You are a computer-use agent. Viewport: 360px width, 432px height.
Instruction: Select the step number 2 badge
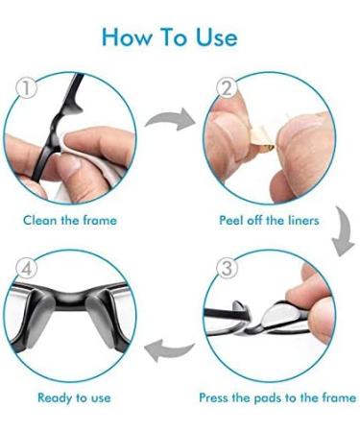click(227, 88)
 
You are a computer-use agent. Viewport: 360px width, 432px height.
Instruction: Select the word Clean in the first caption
click(41, 220)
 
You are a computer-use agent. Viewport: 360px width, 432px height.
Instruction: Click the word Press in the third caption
click(215, 396)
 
